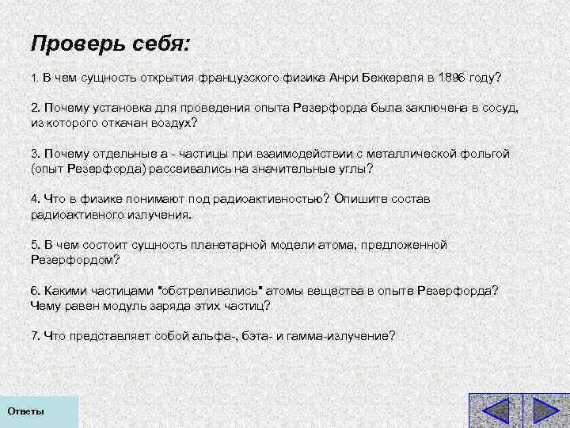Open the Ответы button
tap(26, 412)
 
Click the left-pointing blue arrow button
tap(496, 411)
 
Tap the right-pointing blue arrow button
tap(545, 411)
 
